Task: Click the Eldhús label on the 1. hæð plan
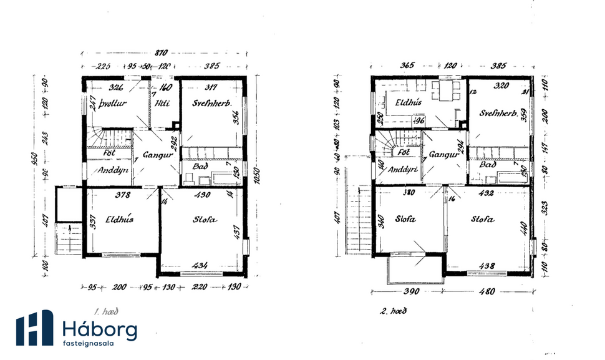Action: (x=117, y=220)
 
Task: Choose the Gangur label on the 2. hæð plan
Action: (x=443, y=154)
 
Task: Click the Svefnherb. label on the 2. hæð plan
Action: (x=498, y=114)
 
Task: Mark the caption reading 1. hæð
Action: (x=105, y=309)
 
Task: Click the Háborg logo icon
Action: (x=34, y=328)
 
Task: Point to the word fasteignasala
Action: (x=92, y=343)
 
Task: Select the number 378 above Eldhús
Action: (x=123, y=195)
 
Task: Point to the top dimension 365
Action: (x=408, y=65)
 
